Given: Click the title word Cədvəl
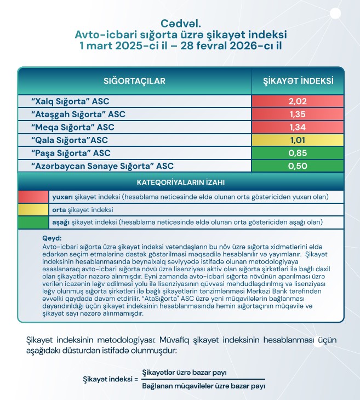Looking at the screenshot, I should [180, 24].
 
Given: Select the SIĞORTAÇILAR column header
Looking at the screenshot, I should [134, 81].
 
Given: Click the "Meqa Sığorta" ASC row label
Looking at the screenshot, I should [77, 127].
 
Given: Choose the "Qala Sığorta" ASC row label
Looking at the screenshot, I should [76, 140].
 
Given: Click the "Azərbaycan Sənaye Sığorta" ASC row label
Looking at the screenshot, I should [99, 165].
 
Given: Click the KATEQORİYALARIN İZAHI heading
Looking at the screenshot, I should [180, 181].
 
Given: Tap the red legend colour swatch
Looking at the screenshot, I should [33, 197].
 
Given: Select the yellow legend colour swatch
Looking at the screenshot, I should [33, 210].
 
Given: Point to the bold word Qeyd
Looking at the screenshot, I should [52, 238].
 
